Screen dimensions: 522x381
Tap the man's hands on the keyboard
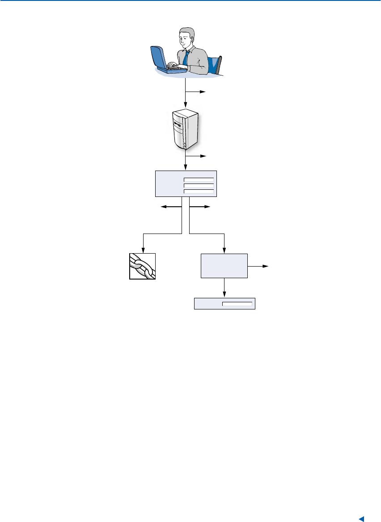coord(179,67)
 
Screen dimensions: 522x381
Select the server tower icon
coord(185,129)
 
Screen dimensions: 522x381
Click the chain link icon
coord(143,266)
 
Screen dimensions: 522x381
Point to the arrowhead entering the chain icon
coord(143,250)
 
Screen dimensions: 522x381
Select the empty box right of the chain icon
coord(224,266)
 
